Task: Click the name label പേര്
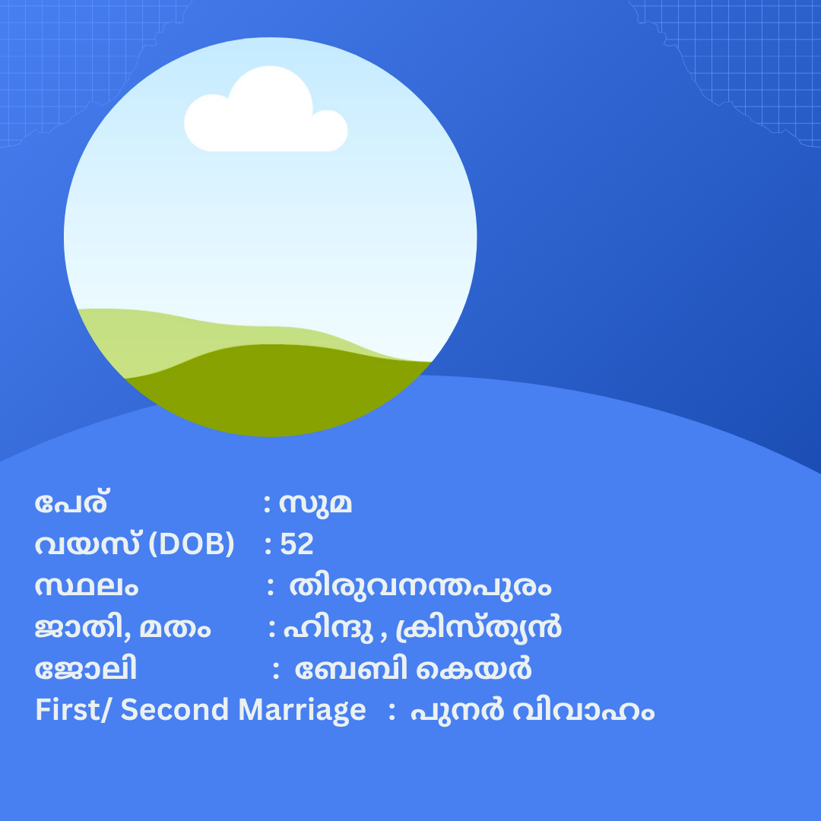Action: (x=71, y=504)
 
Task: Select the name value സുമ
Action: (x=315, y=505)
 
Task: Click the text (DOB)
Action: (x=192, y=544)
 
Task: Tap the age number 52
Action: (x=297, y=544)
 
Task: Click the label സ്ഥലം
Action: (x=87, y=586)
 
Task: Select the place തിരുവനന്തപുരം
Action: (x=420, y=586)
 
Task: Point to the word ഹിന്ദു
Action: (x=328, y=629)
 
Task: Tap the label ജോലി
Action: (x=86, y=669)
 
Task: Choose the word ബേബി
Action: (x=351, y=669)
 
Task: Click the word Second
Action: (x=175, y=711)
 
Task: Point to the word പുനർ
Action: (x=457, y=711)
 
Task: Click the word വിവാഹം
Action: (x=583, y=711)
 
